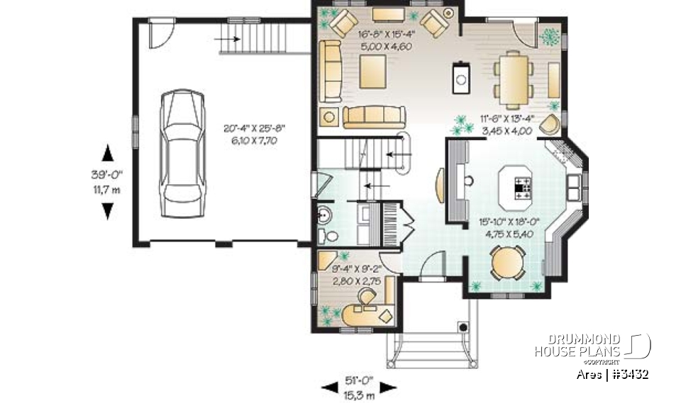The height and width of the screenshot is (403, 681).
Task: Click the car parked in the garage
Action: tap(178, 152)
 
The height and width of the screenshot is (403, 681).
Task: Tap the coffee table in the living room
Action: tap(373, 71)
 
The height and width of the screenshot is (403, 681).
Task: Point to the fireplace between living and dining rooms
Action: tap(461, 77)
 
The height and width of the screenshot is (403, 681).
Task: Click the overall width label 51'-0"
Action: tap(358, 378)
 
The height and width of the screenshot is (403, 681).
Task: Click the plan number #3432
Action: tap(629, 374)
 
